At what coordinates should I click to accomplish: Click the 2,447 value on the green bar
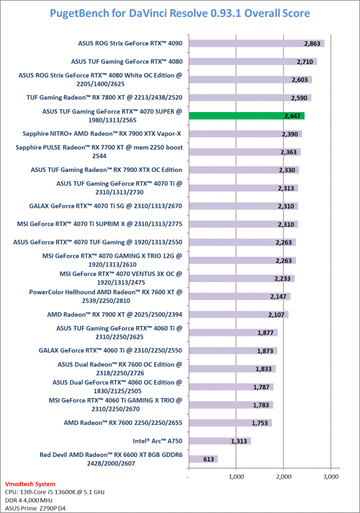pos(293,116)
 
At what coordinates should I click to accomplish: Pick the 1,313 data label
pos(239,441)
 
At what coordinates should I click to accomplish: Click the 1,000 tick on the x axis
pos(236,477)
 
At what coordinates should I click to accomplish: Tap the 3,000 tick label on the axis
pos(330,477)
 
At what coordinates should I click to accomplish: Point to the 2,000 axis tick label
pos(283,477)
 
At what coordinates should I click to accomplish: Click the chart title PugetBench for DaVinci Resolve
pos(180,12)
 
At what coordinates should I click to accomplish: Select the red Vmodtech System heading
pos(29,484)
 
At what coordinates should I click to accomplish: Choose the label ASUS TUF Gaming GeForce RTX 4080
pos(126,61)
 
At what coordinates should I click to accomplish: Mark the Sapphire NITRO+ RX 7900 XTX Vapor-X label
pos(102,133)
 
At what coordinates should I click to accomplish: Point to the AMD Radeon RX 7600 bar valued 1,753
pos(230,423)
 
